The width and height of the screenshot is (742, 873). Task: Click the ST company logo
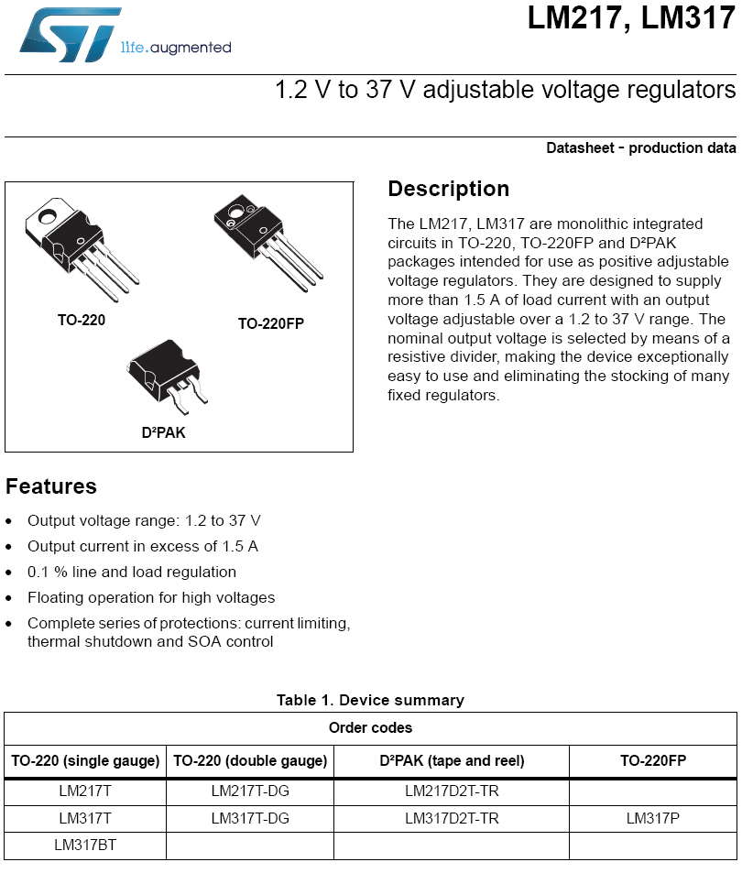click(x=69, y=36)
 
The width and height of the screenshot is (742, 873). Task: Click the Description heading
click(x=448, y=189)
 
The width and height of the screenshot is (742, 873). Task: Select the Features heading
click(x=51, y=486)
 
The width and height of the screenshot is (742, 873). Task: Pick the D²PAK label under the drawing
click(x=163, y=432)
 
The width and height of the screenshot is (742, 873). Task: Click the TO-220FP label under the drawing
click(x=270, y=323)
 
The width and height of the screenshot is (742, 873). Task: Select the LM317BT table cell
click(x=85, y=845)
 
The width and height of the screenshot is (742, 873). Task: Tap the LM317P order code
click(x=652, y=818)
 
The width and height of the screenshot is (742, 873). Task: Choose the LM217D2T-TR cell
click(x=451, y=791)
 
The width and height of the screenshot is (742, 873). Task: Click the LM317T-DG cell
click(x=249, y=818)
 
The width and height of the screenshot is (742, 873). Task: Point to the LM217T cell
click(x=85, y=791)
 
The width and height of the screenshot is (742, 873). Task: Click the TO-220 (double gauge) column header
click(x=249, y=760)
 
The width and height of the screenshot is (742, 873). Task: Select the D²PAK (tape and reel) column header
click(x=451, y=760)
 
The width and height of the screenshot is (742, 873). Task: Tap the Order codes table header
click(x=370, y=728)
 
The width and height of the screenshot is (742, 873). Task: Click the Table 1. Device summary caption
click(x=370, y=700)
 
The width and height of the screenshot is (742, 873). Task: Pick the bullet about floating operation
click(x=151, y=597)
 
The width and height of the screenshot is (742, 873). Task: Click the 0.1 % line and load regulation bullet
click(x=132, y=572)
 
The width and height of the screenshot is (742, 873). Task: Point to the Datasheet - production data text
click(x=640, y=147)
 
